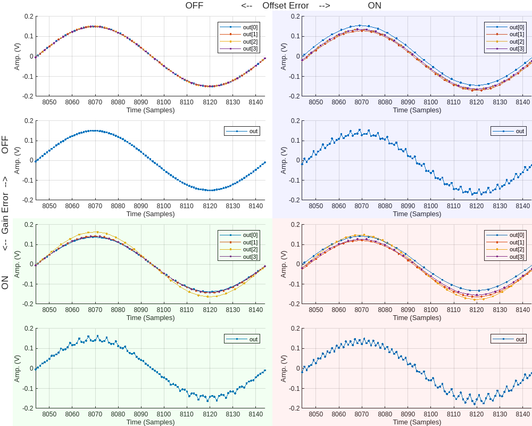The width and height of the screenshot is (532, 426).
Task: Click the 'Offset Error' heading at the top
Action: click(x=285, y=6)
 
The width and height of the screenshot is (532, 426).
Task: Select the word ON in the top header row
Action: click(x=375, y=6)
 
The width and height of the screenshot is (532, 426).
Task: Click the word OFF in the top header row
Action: click(x=194, y=6)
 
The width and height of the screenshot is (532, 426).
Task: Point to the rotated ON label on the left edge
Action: click(x=5, y=282)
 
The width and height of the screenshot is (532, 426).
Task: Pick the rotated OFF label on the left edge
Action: click(x=5, y=145)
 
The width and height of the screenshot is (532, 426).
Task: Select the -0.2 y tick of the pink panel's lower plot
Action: click(x=294, y=408)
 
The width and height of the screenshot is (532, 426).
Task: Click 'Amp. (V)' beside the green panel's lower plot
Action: click(x=17, y=368)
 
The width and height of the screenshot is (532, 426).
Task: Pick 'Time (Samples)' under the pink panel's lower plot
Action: click(x=417, y=422)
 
